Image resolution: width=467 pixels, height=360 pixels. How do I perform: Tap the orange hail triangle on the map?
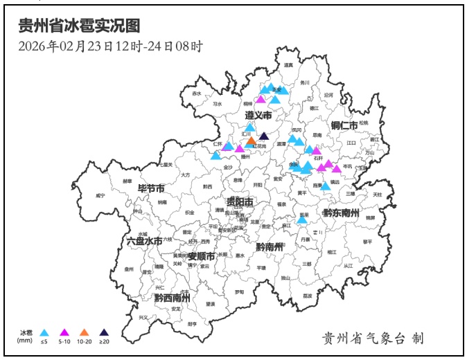251,141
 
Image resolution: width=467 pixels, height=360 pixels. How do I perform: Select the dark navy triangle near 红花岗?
263,136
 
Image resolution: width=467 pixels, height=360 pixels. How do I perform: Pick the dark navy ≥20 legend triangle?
105,332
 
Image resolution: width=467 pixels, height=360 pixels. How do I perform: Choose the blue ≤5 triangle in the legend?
44,332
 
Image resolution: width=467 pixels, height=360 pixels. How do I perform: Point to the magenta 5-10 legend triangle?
64,332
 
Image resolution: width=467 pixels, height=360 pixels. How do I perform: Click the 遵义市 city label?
258,114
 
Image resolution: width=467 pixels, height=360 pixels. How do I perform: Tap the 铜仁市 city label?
344,125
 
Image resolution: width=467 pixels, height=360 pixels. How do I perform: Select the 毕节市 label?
151,188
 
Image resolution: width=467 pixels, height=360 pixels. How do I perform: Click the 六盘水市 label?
145,241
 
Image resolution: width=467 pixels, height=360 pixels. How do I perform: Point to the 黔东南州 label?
341,213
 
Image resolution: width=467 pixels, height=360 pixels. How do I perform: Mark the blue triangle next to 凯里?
302,219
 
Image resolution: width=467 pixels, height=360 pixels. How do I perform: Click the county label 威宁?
101,196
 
